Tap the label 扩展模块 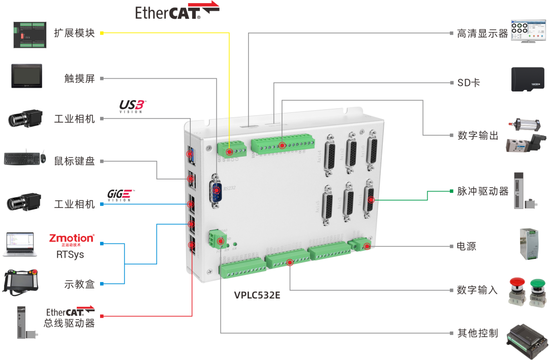click(74, 33)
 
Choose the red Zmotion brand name click(72, 238)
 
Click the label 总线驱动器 click(69, 323)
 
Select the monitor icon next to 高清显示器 click(524, 32)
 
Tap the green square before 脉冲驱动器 click(451, 191)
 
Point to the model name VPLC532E click(257, 294)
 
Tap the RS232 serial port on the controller click(217, 193)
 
